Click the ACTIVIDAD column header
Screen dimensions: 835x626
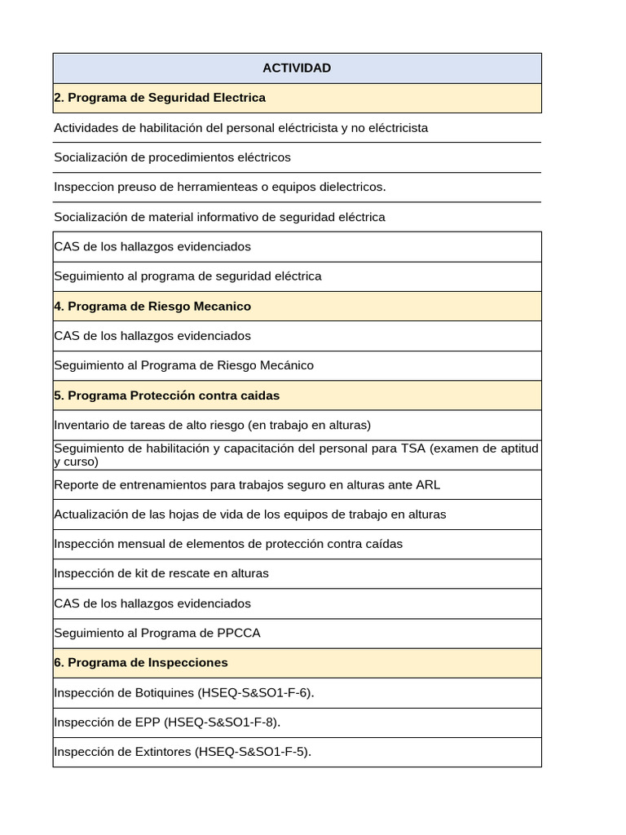point(297,68)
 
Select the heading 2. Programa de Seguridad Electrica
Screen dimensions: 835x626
point(160,98)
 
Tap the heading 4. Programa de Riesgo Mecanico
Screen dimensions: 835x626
point(152,307)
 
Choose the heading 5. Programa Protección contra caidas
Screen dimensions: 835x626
point(166,395)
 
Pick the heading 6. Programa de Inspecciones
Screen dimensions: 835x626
point(141,663)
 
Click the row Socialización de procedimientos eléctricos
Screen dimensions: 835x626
point(172,157)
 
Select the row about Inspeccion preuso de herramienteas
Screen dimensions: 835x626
point(220,187)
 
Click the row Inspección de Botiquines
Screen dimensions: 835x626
point(183,693)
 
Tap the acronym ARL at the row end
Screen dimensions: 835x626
point(427,485)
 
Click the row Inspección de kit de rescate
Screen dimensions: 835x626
point(161,573)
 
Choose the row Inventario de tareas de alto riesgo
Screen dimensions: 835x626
point(212,425)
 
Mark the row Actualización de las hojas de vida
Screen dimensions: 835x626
point(249,515)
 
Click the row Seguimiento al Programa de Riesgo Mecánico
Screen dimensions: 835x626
point(183,365)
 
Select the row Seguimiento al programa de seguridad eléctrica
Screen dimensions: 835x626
point(187,276)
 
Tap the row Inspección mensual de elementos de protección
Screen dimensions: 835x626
point(228,544)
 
